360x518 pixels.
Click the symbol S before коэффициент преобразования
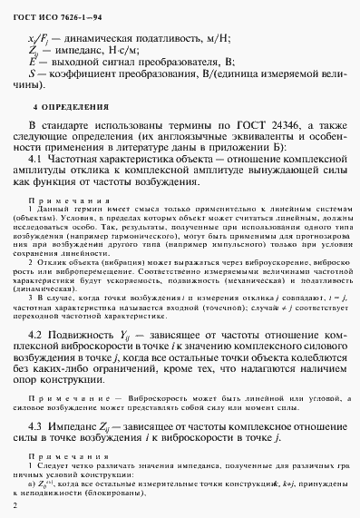[32, 73]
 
